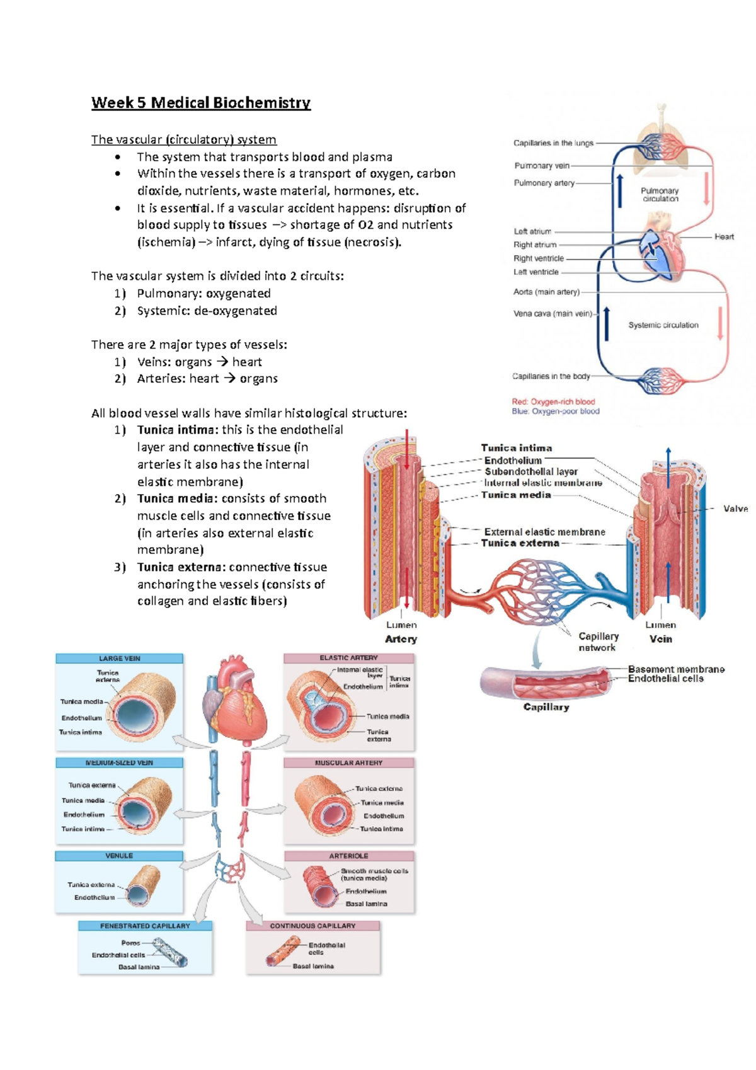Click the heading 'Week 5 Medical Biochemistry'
(200, 103)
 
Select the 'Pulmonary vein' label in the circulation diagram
(542, 166)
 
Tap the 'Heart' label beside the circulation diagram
(724, 237)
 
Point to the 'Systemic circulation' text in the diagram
(663, 325)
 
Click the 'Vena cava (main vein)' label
(553, 313)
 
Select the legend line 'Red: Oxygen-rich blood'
(553, 401)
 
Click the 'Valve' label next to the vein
(735, 509)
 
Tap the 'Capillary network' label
(598, 641)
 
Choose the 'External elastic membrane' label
(544, 532)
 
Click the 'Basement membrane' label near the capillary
(676, 669)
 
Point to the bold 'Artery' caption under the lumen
(401, 639)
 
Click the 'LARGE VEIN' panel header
(119, 659)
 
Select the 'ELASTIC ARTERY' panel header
(348, 658)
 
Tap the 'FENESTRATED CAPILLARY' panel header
(145, 926)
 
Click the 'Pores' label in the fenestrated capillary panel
(130, 943)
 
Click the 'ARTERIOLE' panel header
(348, 856)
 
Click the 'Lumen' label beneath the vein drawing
(660, 625)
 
